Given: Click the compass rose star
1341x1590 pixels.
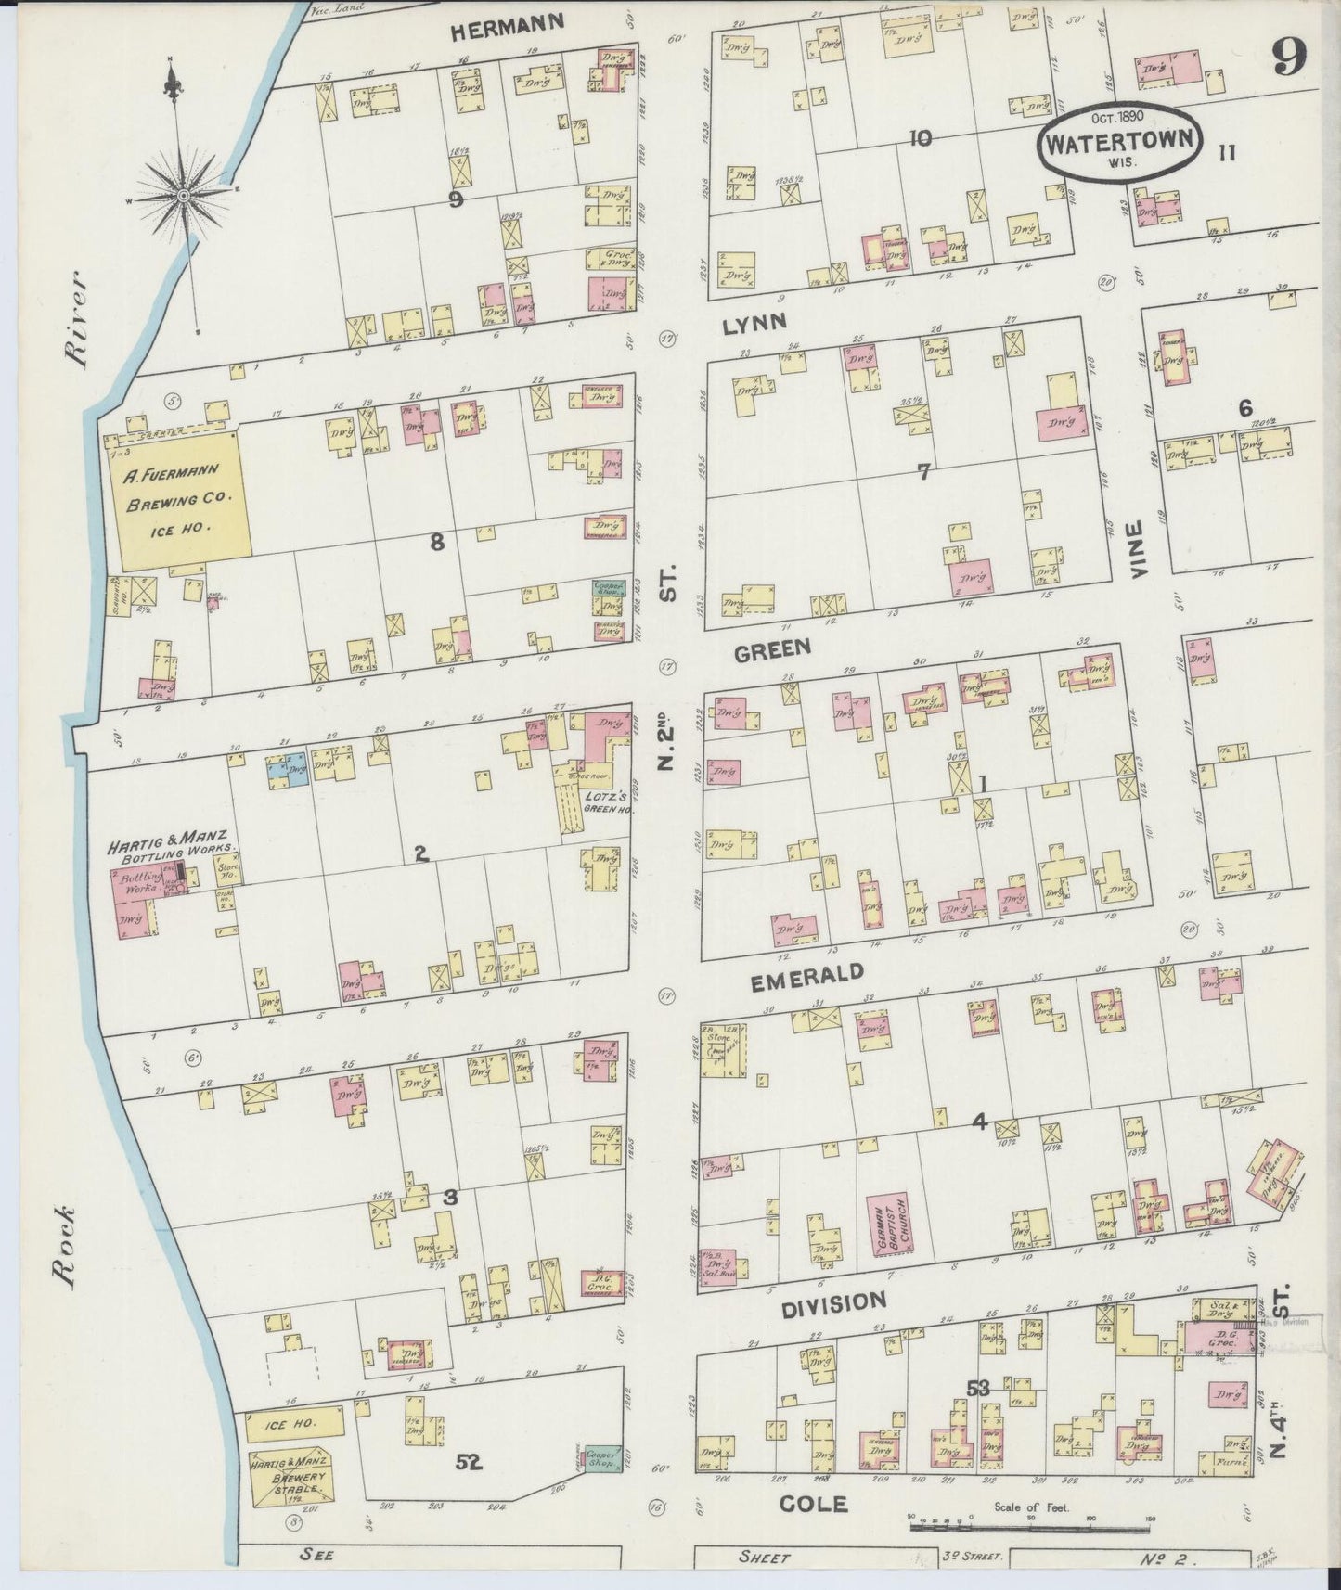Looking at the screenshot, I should pyautogui.click(x=184, y=195).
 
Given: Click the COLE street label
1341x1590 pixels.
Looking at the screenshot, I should pyautogui.click(x=813, y=1504).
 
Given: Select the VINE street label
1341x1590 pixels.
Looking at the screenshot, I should pyautogui.click(x=1140, y=548).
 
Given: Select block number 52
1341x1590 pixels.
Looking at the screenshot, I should pyautogui.click(x=470, y=1463).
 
